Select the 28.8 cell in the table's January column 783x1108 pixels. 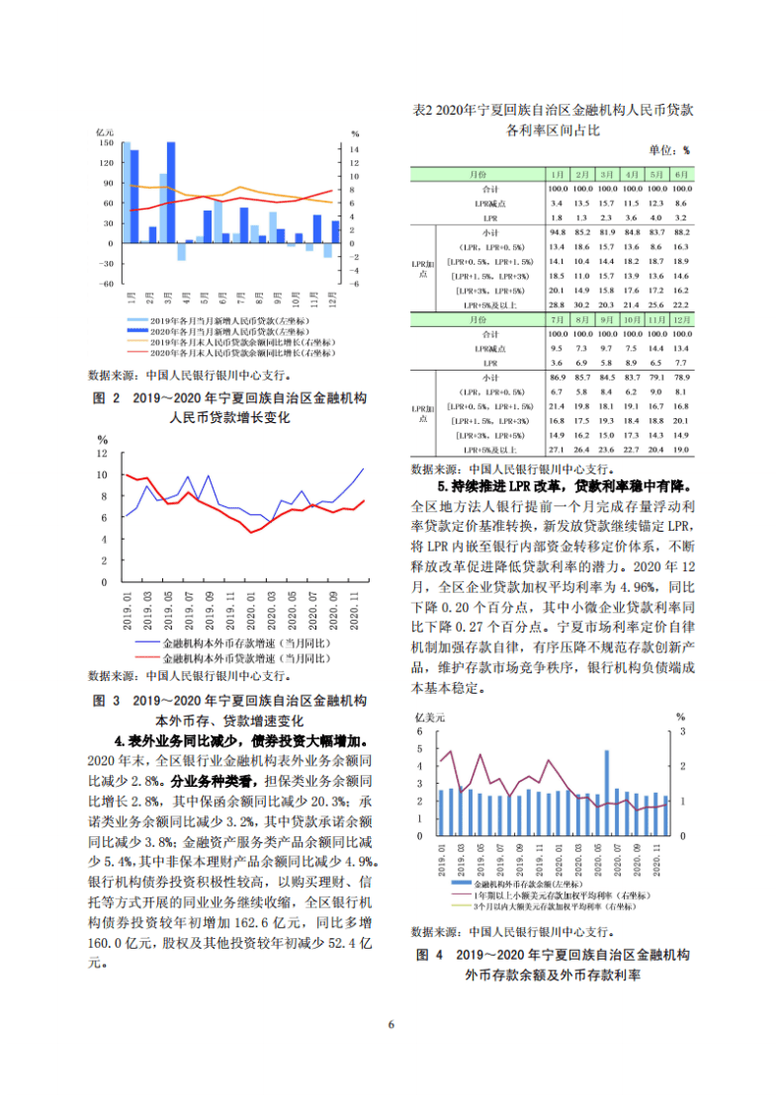pyautogui.click(x=557, y=306)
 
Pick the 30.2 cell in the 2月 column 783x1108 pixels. pyautogui.click(x=582, y=306)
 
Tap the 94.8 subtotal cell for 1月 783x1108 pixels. pyautogui.click(x=557, y=232)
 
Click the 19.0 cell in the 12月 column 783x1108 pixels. pyautogui.click(x=679, y=451)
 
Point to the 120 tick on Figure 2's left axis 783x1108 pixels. pyautogui.click(x=105, y=164)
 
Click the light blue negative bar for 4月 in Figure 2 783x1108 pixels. pyautogui.click(x=181, y=251)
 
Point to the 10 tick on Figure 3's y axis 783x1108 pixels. pyautogui.click(x=102, y=474)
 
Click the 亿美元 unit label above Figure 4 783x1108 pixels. pyautogui.click(x=428, y=715)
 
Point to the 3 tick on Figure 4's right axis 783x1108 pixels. pyautogui.click(x=680, y=731)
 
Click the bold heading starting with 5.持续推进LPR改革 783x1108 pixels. pyautogui.click(x=565, y=486)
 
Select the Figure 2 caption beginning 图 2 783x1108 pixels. pyautogui.click(x=229, y=398)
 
